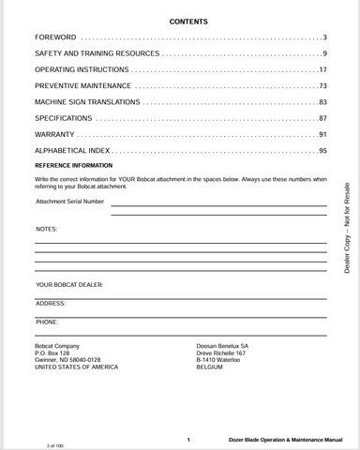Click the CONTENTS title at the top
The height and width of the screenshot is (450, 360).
point(188,20)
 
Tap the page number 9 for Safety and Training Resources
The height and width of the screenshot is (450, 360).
point(323,53)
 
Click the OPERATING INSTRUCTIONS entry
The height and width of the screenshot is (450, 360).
point(81,70)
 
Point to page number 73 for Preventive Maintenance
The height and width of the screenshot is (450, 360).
point(322,86)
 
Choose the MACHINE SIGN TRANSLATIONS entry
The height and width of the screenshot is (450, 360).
point(86,102)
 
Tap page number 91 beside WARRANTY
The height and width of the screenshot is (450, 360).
point(322,135)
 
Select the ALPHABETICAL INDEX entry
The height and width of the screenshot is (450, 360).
point(73,151)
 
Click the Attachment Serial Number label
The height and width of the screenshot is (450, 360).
point(70,201)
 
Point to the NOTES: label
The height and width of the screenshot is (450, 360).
point(46,229)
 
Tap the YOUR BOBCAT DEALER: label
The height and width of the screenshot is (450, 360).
point(69,283)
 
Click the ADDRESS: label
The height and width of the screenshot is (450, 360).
point(51,304)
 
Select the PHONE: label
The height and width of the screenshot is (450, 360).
point(47,322)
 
